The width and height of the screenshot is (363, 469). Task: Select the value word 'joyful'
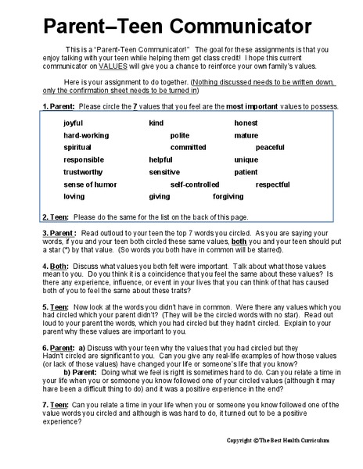(x=73, y=124)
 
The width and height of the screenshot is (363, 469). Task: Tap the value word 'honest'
(x=246, y=124)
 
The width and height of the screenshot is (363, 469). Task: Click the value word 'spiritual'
(x=77, y=148)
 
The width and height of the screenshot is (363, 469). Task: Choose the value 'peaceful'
(x=270, y=148)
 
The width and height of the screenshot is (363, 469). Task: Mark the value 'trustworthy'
(x=82, y=172)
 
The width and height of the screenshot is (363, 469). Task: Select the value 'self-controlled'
(x=195, y=184)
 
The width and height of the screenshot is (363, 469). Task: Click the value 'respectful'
(x=273, y=184)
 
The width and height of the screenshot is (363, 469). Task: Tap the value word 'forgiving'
(x=228, y=197)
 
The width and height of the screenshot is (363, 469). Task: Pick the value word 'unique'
(x=246, y=160)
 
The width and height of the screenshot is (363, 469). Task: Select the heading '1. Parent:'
(x=58, y=106)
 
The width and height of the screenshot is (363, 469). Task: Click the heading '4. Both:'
(x=54, y=267)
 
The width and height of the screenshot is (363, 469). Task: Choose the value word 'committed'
(x=188, y=148)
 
